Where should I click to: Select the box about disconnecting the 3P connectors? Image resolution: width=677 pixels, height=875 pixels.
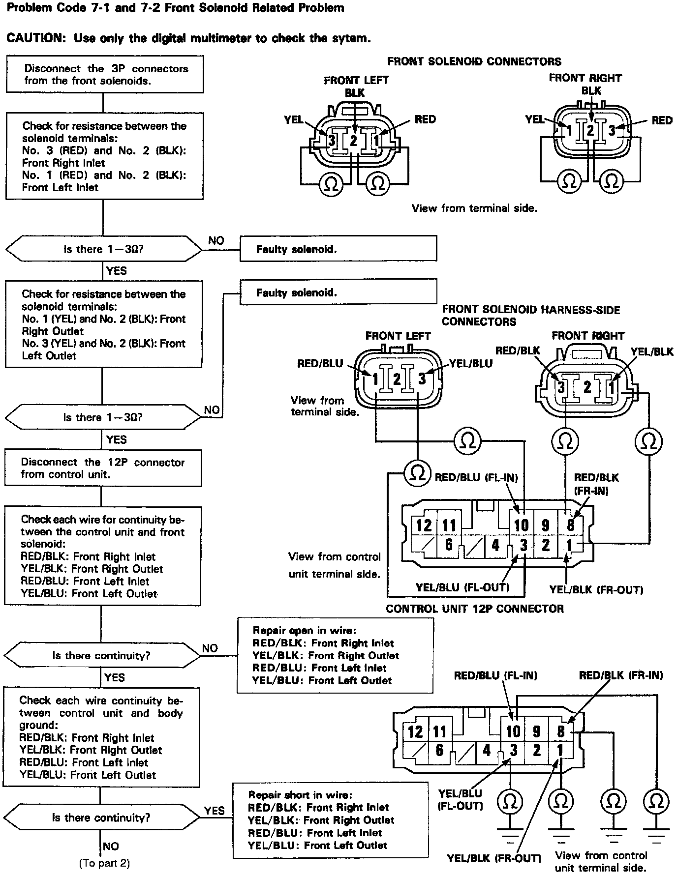point(104,74)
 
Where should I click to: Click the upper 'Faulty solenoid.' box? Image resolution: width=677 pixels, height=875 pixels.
point(338,249)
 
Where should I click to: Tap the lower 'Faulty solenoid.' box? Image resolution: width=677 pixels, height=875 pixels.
point(338,292)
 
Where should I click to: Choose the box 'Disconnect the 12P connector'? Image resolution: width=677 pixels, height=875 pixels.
point(103,468)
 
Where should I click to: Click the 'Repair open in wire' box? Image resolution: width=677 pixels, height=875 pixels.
point(335,655)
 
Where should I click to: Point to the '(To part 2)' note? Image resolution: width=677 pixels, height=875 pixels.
point(104,863)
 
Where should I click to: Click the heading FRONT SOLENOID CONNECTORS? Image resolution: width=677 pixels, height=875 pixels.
point(474,61)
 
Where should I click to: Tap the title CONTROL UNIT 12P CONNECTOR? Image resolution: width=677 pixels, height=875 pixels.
point(474,609)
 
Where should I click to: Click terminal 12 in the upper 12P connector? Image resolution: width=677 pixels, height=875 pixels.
point(424,525)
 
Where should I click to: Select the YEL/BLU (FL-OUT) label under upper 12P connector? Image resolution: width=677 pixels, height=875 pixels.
point(462,587)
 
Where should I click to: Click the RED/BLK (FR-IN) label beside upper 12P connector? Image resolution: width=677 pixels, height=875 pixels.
point(596,484)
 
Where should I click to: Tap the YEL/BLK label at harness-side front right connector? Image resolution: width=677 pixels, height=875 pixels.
point(651,351)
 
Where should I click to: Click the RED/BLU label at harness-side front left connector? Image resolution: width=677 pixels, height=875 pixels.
point(320,363)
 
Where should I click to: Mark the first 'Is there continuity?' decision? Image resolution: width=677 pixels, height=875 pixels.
point(102,655)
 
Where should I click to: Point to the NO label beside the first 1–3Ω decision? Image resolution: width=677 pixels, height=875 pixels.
point(216,240)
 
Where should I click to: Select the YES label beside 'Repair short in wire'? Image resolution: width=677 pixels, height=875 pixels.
point(214,811)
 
